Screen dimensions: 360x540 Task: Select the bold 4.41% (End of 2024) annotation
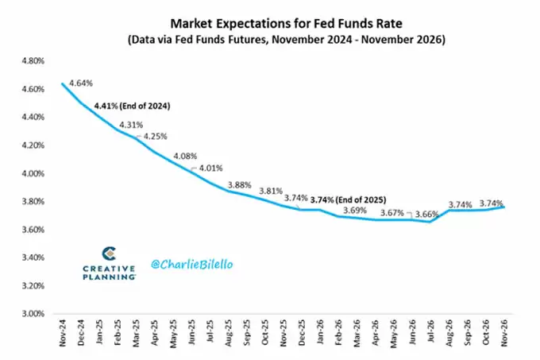133,105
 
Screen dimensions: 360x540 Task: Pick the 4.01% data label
210,168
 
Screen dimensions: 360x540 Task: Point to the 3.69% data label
354,211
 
